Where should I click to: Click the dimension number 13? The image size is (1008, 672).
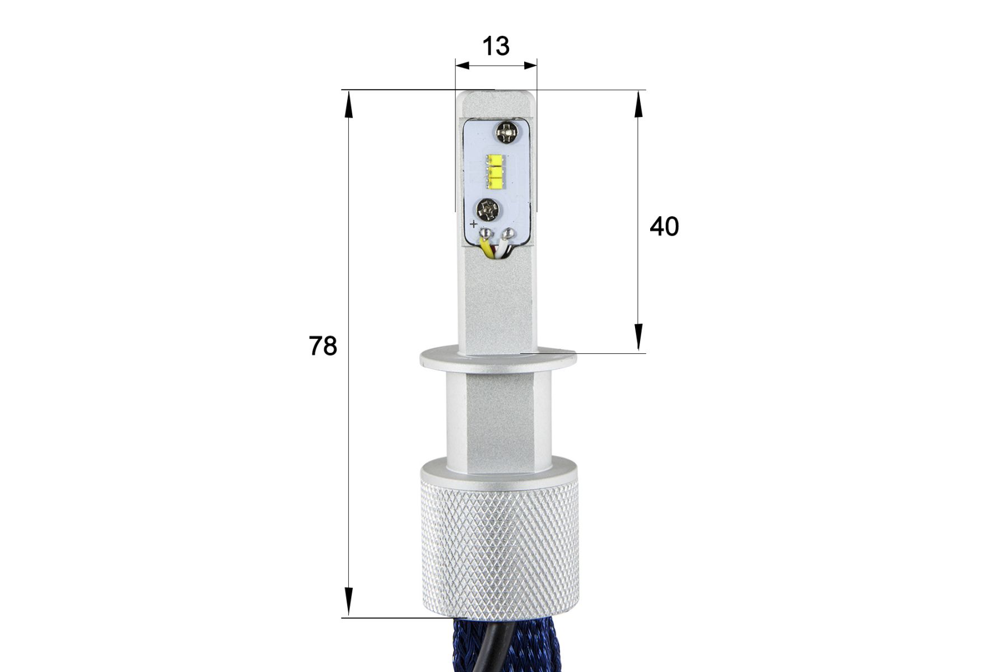(x=496, y=46)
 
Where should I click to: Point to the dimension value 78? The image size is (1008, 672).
(x=323, y=346)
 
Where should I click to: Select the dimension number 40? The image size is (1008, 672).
(x=664, y=226)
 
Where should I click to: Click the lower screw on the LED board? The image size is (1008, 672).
(x=487, y=210)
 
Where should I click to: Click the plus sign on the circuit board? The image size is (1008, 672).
(x=474, y=225)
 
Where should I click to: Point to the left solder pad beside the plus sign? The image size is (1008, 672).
(x=486, y=232)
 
